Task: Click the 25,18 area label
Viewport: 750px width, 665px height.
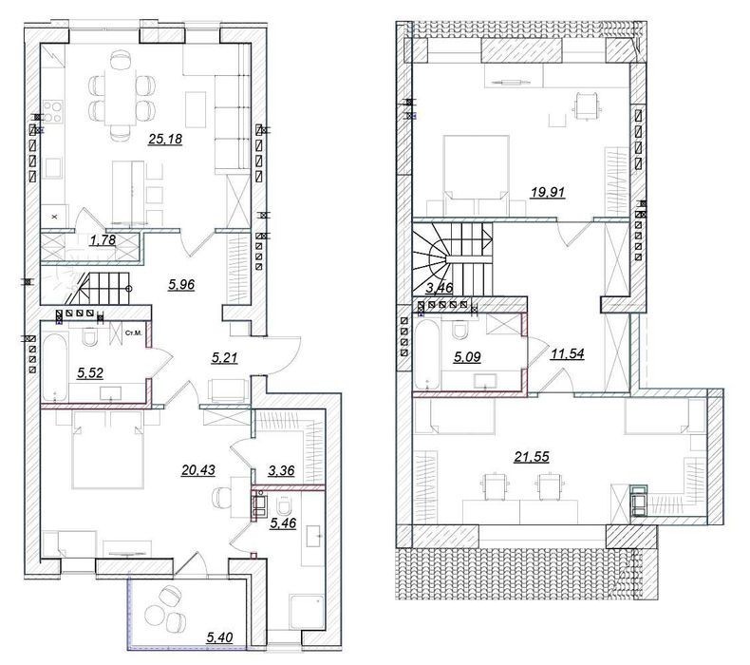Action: (x=165, y=140)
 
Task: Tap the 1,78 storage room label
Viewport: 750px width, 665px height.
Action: (x=103, y=239)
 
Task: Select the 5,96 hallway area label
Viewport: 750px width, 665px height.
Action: (x=181, y=285)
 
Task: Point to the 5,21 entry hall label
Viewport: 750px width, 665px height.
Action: (x=224, y=357)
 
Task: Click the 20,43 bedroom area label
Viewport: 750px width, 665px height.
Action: (x=198, y=470)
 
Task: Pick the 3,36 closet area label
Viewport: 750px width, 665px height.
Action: (x=281, y=470)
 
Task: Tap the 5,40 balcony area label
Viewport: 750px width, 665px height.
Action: (x=219, y=637)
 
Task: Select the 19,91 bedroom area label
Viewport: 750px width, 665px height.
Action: (x=548, y=193)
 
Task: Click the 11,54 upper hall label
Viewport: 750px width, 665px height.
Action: (x=568, y=354)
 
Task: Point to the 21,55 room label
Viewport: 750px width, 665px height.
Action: (x=532, y=457)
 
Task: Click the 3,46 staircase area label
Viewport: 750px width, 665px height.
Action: (x=440, y=288)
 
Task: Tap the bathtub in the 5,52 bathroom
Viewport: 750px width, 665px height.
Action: (x=54, y=368)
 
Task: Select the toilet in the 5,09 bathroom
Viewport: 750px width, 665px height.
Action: (x=460, y=330)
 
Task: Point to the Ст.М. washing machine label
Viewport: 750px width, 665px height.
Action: (x=133, y=332)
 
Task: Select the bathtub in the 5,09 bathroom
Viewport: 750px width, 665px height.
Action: (x=427, y=354)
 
